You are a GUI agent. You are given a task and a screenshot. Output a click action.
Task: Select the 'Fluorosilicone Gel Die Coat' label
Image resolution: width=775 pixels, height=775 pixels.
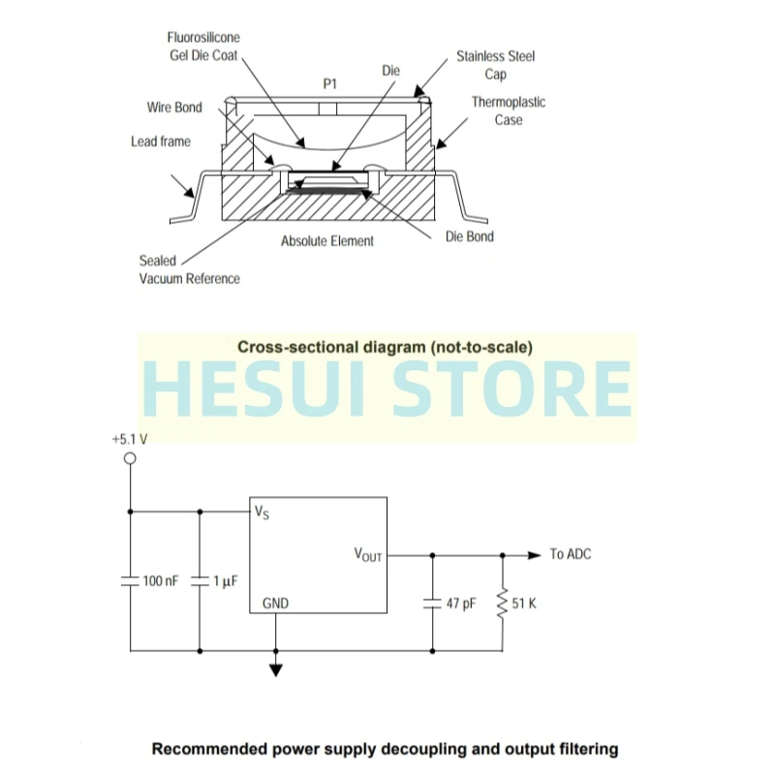(x=202, y=46)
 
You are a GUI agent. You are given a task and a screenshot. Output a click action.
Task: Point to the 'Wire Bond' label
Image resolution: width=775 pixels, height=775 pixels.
(x=174, y=108)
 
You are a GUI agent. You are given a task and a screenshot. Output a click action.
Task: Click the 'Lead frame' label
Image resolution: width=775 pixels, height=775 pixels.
(x=161, y=141)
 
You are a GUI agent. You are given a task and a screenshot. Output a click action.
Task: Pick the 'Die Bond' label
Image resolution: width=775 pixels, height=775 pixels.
(x=469, y=236)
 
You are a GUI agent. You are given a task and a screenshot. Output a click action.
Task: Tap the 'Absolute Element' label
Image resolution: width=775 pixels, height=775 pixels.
(x=326, y=241)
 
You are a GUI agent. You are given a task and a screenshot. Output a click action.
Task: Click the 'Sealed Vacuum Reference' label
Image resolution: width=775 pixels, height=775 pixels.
(x=189, y=269)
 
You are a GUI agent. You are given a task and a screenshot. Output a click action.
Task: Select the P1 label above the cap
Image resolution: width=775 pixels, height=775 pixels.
(x=329, y=84)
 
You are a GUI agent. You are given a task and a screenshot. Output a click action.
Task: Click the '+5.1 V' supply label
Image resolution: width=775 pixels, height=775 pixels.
(x=130, y=439)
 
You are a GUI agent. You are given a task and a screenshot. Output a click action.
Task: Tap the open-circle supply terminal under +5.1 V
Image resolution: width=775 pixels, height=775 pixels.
(x=129, y=458)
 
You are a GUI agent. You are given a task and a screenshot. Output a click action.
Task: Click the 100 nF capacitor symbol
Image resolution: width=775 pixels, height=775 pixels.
(x=129, y=581)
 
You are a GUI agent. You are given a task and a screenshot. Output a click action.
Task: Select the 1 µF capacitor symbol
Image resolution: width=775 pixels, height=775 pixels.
(x=199, y=581)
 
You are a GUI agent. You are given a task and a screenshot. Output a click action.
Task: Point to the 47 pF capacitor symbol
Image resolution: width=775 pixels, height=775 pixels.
(x=432, y=603)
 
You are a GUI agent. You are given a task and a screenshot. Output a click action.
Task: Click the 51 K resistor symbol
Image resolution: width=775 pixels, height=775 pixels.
(x=502, y=603)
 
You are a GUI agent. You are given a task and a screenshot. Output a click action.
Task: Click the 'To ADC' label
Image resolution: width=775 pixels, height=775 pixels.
(x=570, y=554)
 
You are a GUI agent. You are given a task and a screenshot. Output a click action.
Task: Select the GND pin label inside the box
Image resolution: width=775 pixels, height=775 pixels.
(x=275, y=603)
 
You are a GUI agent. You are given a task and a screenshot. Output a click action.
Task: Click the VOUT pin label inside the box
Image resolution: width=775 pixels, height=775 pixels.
(x=368, y=555)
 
